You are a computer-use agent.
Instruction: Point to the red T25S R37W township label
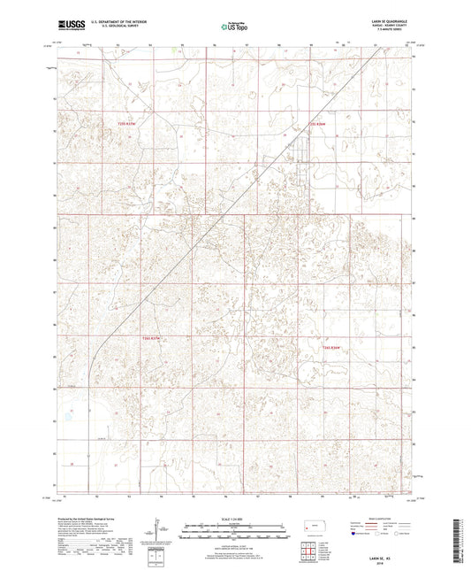pos(129,123)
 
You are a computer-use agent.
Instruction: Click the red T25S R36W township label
pos(317,124)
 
